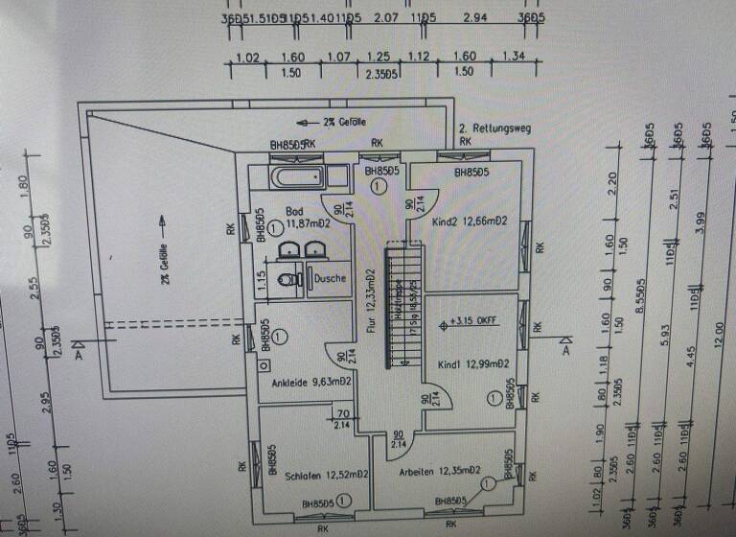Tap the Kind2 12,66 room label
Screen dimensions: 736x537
[469, 222]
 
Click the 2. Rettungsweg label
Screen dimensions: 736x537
[494, 128]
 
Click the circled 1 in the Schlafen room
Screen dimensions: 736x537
[342, 500]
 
